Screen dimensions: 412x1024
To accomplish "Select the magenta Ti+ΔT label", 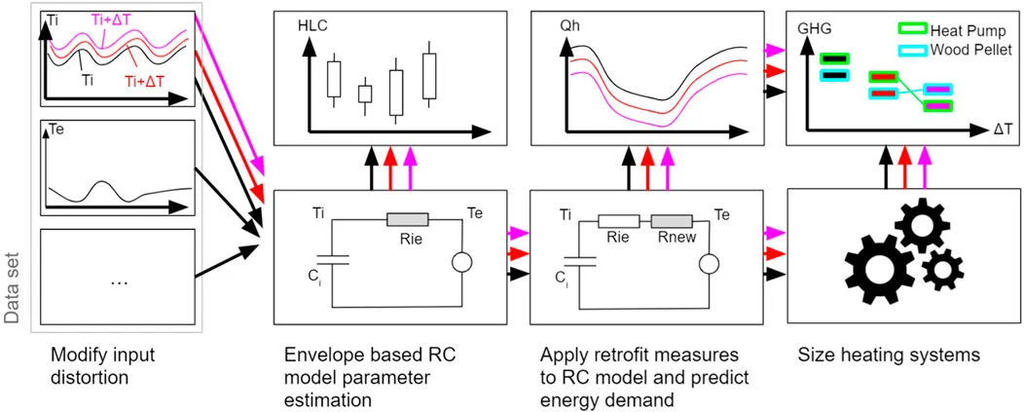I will point(115,19).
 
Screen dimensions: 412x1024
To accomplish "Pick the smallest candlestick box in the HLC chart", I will point(365,94).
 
